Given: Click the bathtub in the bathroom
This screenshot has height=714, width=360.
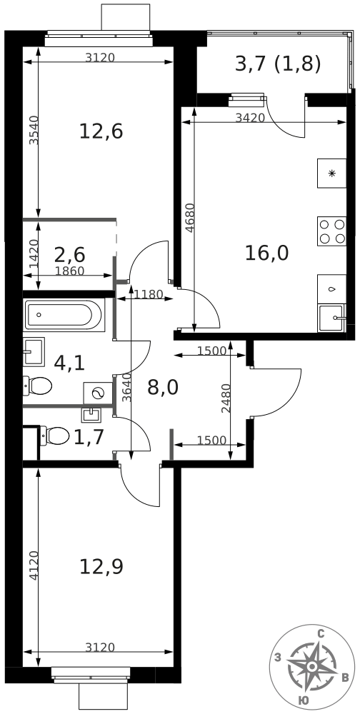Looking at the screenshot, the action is tap(65, 315).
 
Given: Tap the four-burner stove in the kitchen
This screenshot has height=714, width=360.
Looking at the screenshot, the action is tap(331, 231).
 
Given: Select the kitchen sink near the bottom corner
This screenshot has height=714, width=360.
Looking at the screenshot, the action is tap(331, 318).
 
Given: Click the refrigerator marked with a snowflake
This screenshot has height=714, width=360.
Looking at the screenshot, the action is tap(331, 173).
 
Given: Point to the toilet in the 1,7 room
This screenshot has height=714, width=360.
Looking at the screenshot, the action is tap(55, 436).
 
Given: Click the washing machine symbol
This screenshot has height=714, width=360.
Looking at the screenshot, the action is tap(98, 393).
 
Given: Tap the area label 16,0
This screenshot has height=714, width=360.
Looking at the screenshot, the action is tap(267, 253).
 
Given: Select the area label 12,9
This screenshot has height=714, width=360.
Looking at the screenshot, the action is tap(101, 567).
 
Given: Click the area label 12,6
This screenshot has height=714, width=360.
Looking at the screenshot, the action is tap(101, 131).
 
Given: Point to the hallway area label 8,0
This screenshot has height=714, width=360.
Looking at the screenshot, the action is tap(163, 387).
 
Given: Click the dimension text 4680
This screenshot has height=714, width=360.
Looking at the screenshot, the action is tap(189, 218).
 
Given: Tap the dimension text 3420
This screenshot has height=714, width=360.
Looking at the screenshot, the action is tap(250, 118).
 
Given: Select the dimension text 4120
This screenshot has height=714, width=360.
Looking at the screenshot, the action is tap(33, 565).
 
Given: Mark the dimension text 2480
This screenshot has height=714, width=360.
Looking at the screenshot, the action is tap(226, 398).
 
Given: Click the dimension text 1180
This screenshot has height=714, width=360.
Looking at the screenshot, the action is tap(149, 294).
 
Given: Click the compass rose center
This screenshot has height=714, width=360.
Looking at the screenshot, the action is tap(311, 667).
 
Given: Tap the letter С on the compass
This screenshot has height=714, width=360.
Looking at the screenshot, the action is tap(321, 633).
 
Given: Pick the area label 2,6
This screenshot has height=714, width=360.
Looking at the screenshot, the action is tap(70, 253).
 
